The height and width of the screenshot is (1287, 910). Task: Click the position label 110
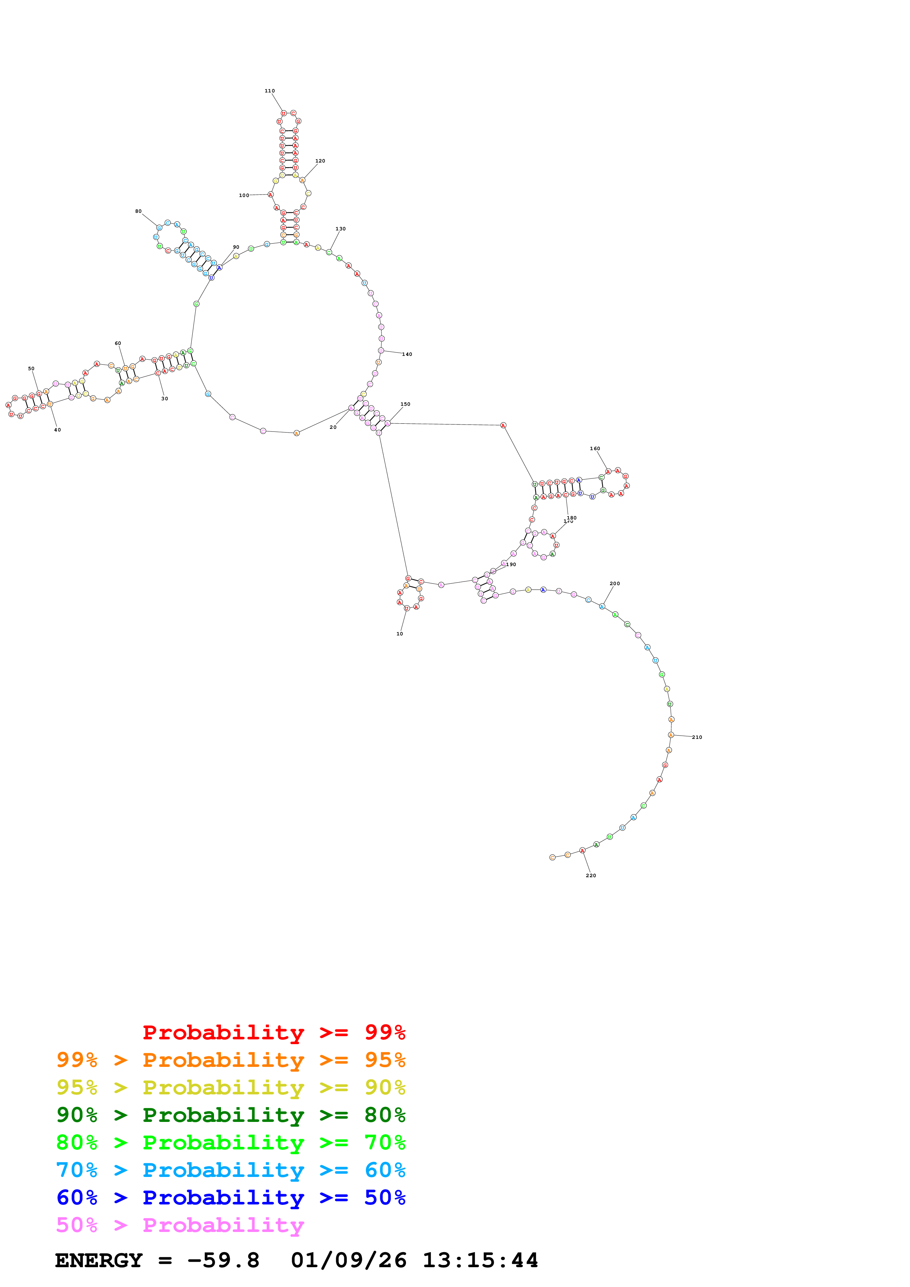[x=270, y=91]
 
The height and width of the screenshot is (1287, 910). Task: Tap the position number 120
[x=320, y=161]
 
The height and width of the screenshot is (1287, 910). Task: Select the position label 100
[x=244, y=196]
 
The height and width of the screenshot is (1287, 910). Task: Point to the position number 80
[x=138, y=211]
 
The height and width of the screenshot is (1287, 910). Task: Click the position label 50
[x=32, y=369]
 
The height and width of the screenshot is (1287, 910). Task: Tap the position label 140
[x=407, y=354]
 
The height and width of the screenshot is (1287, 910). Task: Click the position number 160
[x=595, y=448]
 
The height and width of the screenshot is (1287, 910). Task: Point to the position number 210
[x=697, y=737]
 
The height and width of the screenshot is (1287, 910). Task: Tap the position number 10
[x=400, y=634]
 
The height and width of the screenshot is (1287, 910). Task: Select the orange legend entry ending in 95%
[x=231, y=1060]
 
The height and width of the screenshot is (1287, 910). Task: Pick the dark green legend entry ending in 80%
[x=231, y=1115]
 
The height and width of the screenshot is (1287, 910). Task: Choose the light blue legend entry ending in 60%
[x=231, y=1170]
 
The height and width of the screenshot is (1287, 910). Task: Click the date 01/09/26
[x=348, y=1261]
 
